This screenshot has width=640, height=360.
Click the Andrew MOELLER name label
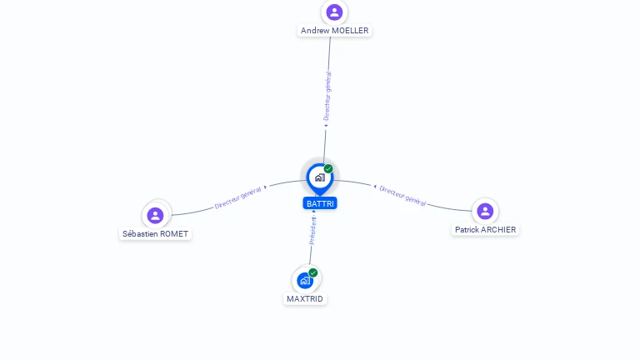coord(334,31)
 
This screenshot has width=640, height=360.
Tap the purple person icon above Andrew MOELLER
coord(334,12)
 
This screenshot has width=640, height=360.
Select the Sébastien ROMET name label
coord(155,234)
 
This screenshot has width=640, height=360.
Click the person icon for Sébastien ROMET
coord(155,215)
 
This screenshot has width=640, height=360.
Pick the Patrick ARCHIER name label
coord(485,229)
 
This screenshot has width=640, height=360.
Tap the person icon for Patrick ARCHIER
coord(485,211)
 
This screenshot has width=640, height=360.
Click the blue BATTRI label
coord(320,203)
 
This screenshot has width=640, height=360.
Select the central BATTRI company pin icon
coord(319,177)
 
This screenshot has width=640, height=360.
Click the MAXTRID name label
coord(305,298)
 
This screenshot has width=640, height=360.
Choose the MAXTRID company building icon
coord(305,280)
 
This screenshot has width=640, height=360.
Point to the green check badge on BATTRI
coord(328,169)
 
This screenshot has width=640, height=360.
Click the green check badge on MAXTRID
coord(313,272)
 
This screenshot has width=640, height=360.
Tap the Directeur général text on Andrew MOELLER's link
coord(327,97)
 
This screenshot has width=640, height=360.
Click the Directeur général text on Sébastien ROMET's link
coord(237,197)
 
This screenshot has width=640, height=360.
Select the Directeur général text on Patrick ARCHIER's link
coord(403,196)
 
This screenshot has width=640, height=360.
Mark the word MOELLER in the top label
coord(350,31)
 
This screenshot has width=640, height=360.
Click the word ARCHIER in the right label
coord(498,229)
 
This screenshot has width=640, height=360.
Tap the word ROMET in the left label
coord(174,234)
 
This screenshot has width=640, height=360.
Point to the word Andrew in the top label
coord(315,31)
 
